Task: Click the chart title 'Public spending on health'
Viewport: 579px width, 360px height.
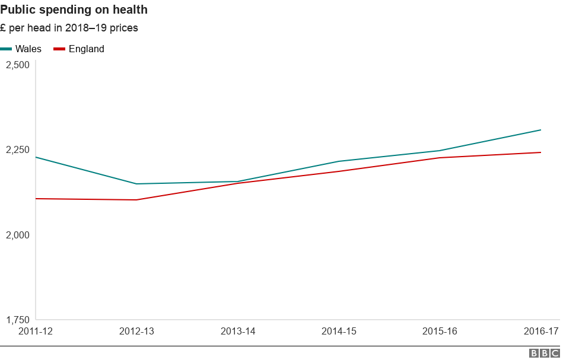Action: tap(74, 10)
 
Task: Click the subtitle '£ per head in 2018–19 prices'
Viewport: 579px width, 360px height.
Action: tap(69, 28)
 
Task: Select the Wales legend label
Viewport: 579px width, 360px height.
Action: tap(28, 49)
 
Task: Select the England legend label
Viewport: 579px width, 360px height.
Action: tap(86, 49)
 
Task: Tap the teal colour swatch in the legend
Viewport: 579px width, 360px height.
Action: tap(7, 49)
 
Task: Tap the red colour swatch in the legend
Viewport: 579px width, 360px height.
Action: tap(59, 49)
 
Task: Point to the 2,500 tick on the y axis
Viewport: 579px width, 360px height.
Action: tap(17, 65)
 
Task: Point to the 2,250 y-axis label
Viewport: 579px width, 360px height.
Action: tap(17, 150)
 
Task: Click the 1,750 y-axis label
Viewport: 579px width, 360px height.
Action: tap(17, 320)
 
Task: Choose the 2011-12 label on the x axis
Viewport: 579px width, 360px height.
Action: tap(36, 332)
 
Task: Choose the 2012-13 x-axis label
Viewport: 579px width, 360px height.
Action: tap(136, 332)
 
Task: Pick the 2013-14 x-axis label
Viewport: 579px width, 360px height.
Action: tap(238, 332)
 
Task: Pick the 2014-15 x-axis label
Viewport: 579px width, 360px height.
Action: tap(339, 332)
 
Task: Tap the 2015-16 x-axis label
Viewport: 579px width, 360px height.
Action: tap(440, 332)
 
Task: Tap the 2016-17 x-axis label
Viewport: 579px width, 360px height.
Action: tap(540, 332)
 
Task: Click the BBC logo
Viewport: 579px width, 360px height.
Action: tap(544, 353)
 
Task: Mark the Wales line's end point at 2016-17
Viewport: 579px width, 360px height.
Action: tap(540, 130)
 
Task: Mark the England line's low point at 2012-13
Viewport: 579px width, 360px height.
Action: tap(136, 200)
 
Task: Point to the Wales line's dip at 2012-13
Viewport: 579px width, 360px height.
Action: tap(136, 184)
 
